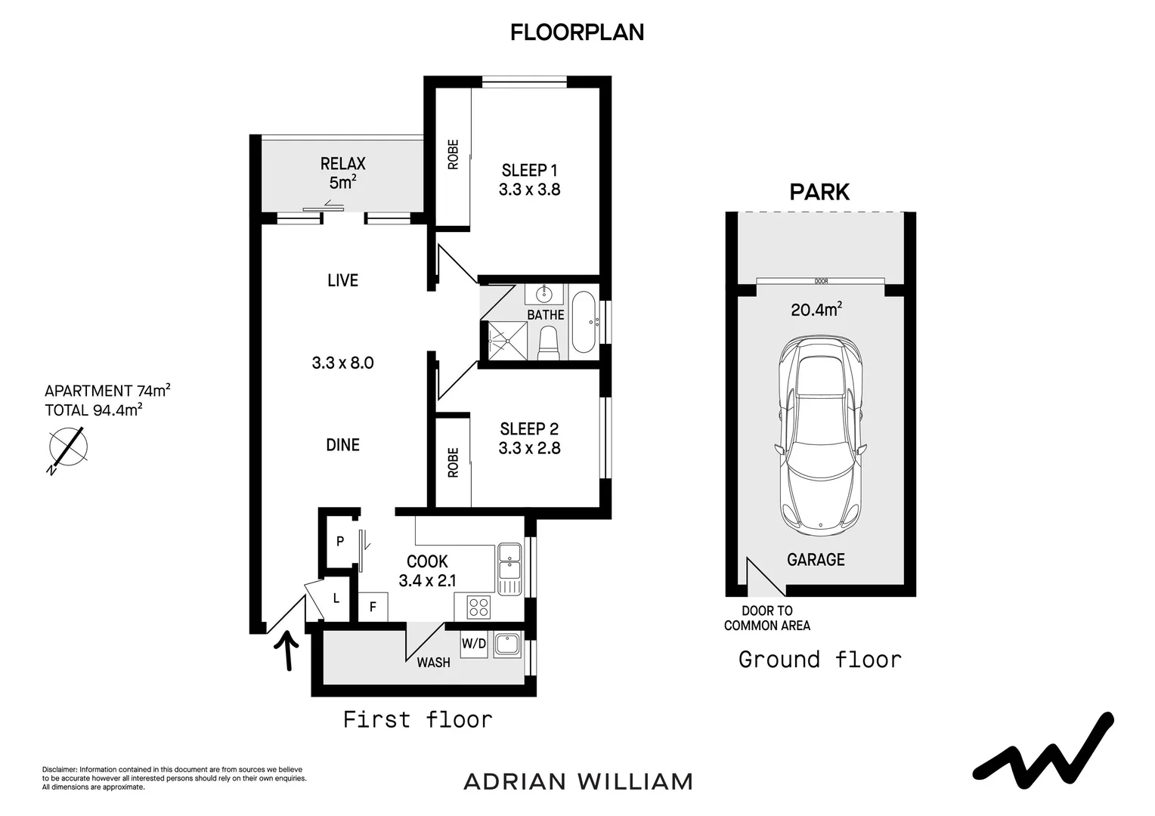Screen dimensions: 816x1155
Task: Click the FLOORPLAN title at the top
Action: pyautogui.click(x=577, y=32)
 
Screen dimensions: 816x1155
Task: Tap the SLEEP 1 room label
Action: pyautogui.click(x=529, y=170)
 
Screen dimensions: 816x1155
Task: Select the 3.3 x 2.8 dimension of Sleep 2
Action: pyautogui.click(x=529, y=448)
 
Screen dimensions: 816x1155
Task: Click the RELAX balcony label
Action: pyautogui.click(x=342, y=164)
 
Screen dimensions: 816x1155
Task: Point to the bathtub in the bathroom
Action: pyautogui.click(x=583, y=322)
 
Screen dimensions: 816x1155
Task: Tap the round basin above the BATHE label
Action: pyautogui.click(x=544, y=293)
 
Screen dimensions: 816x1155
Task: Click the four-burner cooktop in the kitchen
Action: pyautogui.click(x=478, y=607)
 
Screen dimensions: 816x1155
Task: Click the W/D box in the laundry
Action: pyautogui.click(x=474, y=644)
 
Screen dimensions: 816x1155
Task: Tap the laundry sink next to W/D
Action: pyautogui.click(x=506, y=644)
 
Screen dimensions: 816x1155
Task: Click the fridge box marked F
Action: pyautogui.click(x=373, y=607)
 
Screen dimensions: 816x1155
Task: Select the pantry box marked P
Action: pyautogui.click(x=340, y=541)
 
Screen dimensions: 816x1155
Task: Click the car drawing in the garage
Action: pyautogui.click(x=821, y=435)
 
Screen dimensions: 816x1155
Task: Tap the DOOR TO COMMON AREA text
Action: pyautogui.click(x=766, y=618)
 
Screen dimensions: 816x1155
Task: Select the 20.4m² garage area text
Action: pyautogui.click(x=816, y=309)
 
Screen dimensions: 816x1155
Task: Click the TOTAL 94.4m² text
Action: pyautogui.click(x=94, y=410)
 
